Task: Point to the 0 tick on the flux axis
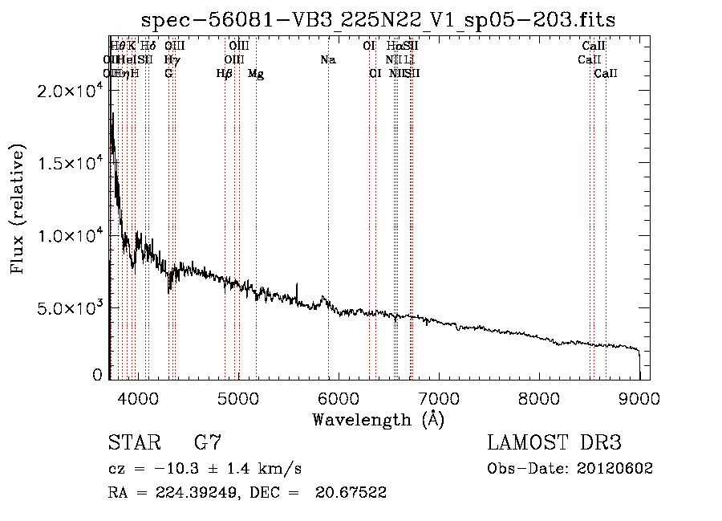pyautogui.click(x=97, y=375)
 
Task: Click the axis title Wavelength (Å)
pyautogui.click(x=378, y=419)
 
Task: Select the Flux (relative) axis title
pyautogui.click(x=18, y=210)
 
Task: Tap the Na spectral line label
pyautogui.click(x=327, y=60)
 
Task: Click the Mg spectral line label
pyautogui.click(x=256, y=74)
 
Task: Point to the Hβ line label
pyautogui.click(x=225, y=74)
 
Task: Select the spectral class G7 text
pyautogui.click(x=207, y=442)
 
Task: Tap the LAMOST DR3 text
pyautogui.click(x=554, y=442)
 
